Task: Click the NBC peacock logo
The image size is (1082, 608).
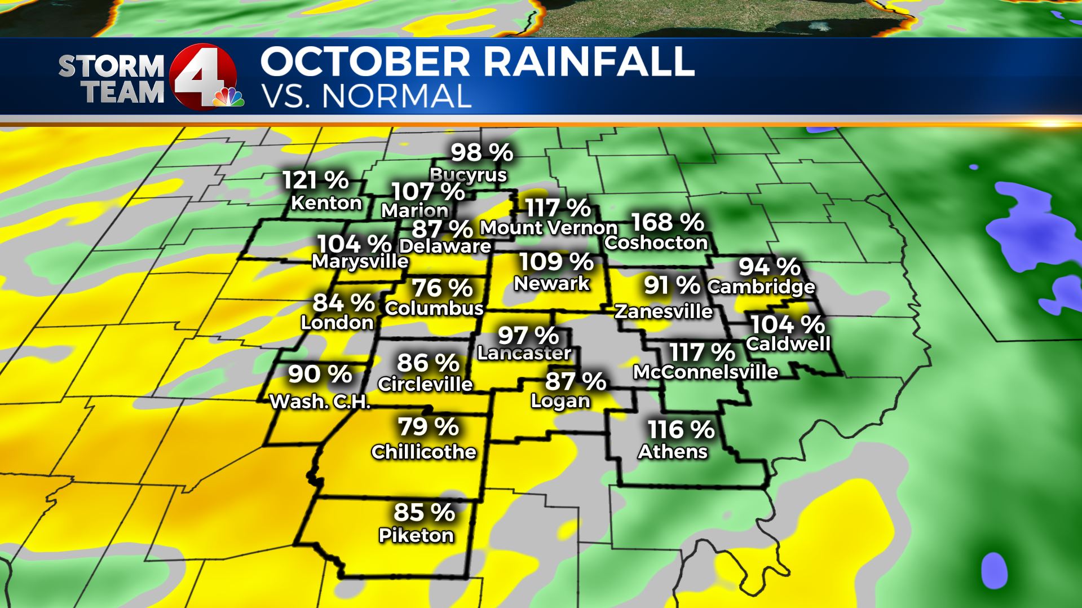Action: pyautogui.click(x=228, y=98)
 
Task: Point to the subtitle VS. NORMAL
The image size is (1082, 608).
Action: pyautogui.click(x=366, y=96)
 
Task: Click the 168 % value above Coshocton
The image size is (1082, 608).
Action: pyautogui.click(x=667, y=222)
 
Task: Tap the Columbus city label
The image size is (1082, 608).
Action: pyautogui.click(x=434, y=309)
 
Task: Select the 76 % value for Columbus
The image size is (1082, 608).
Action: pyautogui.click(x=443, y=288)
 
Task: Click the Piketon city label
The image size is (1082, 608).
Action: pyautogui.click(x=416, y=535)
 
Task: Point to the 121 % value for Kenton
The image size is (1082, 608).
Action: pyautogui.click(x=315, y=180)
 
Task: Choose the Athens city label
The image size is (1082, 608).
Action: pyautogui.click(x=673, y=452)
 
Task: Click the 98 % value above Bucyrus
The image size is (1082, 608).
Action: pyautogui.click(x=482, y=152)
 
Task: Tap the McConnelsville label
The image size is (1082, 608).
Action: pyautogui.click(x=705, y=372)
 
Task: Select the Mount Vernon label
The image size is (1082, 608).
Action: pyautogui.click(x=549, y=228)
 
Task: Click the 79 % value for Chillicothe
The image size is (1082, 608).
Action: pyautogui.click(x=429, y=427)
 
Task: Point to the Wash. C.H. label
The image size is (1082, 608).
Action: pyautogui.click(x=320, y=402)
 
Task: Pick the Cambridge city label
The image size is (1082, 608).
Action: pyautogui.click(x=761, y=287)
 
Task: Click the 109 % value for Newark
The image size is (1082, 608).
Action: pyautogui.click(x=556, y=262)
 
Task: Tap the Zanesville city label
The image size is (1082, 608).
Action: pyautogui.click(x=664, y=311)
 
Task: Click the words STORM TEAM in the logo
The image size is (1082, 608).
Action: pyautogui.click(x=112, y=80)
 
